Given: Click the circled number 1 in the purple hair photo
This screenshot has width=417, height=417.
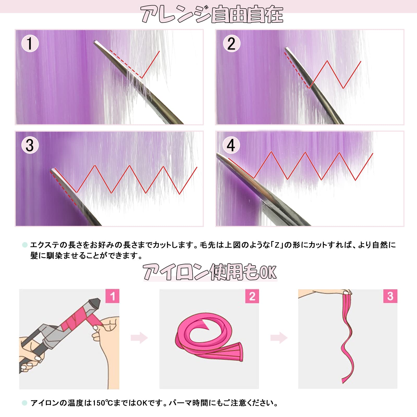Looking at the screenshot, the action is (x=30, y=43).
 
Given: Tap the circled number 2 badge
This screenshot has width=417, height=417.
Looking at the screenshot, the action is (x=231, y=43).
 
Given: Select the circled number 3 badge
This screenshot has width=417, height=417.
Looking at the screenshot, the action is (x=30, y=145).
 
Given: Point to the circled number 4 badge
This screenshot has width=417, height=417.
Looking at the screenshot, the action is (x=231, y=145).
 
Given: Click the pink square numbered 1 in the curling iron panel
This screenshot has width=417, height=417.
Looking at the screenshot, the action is (x=112, y=296).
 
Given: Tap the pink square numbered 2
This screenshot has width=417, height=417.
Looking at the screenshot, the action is (x=252, y=296).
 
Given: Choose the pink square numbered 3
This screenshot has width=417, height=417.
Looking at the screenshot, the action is (x=390, y=296).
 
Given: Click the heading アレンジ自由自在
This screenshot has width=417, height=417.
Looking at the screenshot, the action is (x=212, y=15).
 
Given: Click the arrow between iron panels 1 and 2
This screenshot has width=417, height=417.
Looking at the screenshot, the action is (x=139, y=338).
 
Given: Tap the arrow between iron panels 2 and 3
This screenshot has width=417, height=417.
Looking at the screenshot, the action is (x=279, y=338).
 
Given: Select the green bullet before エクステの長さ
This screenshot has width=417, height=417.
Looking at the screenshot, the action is (x=25, y=245).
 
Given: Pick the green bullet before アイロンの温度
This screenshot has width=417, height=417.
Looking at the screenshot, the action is (x=24, y=403).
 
